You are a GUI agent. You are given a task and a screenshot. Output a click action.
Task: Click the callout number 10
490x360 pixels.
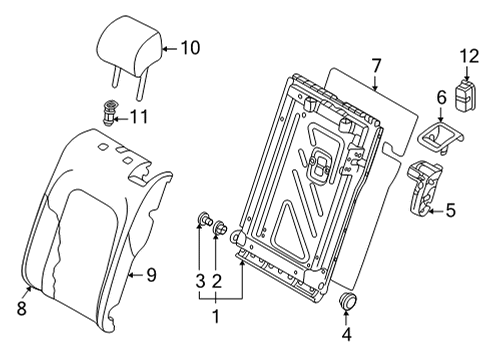(x=190, y=48)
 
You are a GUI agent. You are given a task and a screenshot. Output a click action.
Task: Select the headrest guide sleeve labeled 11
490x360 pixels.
(x=109, y=112)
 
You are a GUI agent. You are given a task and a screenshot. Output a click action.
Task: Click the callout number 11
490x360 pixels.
(x=138, y=117)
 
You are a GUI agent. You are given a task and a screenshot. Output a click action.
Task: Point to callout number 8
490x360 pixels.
(x=22, y=309)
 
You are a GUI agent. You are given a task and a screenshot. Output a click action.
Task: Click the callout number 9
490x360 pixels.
(x=151, y=275)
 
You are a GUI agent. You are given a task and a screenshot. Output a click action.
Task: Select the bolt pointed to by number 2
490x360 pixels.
(x=220, y=228)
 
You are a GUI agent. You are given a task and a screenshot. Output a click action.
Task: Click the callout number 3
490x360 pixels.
(x=200, y=281)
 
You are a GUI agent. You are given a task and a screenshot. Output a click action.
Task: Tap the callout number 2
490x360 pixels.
(x=216, y=281)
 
